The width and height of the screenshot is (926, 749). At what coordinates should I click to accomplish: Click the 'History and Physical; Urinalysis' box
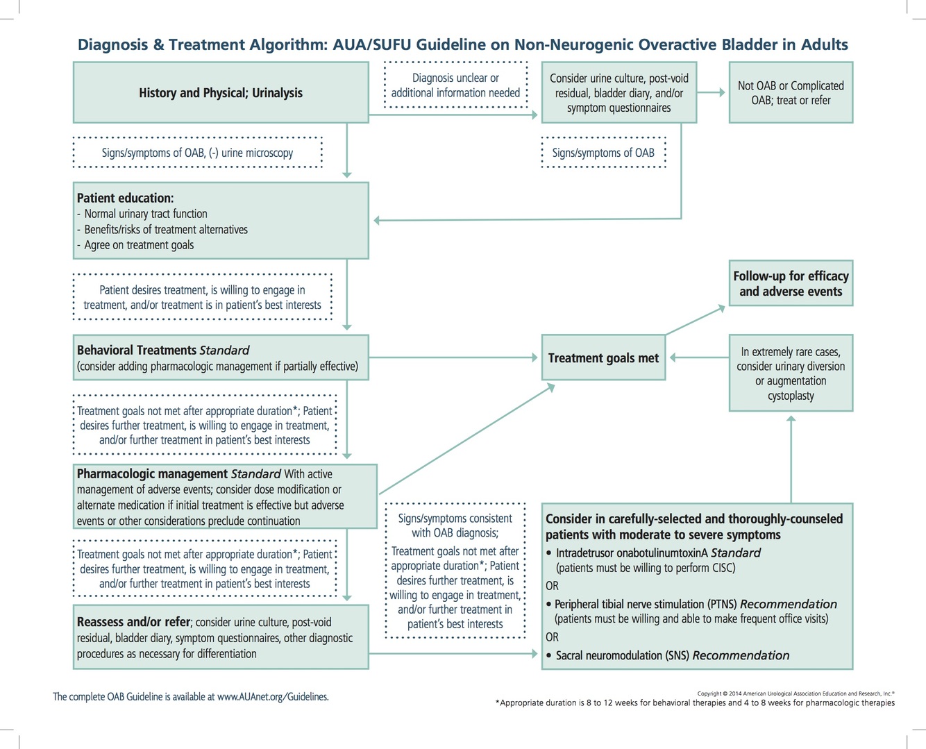point(221,93)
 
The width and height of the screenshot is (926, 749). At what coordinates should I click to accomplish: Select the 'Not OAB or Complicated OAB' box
point(791,93)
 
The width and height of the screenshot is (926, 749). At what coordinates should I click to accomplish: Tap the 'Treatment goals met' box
point(603,358)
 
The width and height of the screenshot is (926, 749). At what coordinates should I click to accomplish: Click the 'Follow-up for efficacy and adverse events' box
point(791,283)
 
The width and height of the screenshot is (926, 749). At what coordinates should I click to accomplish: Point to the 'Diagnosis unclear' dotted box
point(455,85)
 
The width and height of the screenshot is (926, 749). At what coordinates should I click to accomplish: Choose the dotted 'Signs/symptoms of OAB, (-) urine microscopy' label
point(197,153)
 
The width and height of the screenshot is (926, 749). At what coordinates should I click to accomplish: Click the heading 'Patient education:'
point(126,198)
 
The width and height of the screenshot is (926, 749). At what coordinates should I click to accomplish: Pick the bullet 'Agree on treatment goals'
point(139,245)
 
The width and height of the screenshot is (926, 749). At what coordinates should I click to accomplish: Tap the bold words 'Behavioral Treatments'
point(137,350)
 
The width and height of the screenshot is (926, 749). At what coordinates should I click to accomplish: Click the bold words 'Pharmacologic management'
point(152,474)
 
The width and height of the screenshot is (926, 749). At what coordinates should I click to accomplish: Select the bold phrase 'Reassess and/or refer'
point(133,622)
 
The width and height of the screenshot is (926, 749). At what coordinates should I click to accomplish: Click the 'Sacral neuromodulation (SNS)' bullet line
point(672,655)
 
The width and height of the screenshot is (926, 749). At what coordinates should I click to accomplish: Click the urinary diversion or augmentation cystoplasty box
point(791,373)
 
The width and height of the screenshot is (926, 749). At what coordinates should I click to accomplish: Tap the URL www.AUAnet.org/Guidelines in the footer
point(272,696)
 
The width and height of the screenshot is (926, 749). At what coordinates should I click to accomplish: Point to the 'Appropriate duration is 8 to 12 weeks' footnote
point(695,702)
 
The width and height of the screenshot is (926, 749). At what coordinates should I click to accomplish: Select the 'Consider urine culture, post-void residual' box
point(618,93)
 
